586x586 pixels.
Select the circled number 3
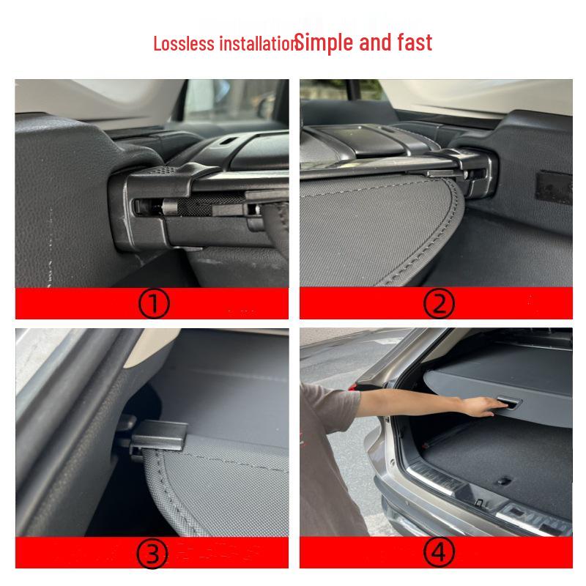154,555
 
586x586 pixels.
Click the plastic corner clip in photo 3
157,437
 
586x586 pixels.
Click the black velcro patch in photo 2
553,188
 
